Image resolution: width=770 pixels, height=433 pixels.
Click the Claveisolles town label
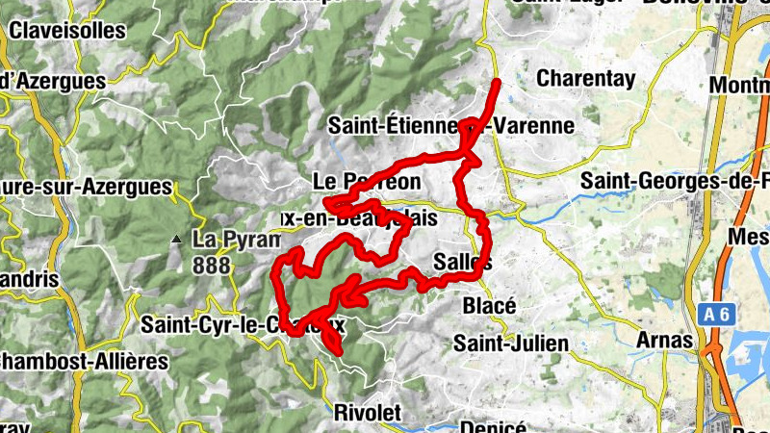pyautogui.click(x=67, y=30)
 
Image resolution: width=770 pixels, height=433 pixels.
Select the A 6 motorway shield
pyautogui.click(x=712, y=314)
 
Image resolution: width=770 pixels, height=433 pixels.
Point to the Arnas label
pyautogui.click(x=665, y=340)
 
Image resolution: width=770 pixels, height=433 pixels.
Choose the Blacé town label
pyautogui.click(x=490, y=306)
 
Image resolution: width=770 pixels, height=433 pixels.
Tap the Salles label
pyautogui.click(x=463, y=262)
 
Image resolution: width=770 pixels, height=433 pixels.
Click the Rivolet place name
pyautogui.click(x=365, y=412)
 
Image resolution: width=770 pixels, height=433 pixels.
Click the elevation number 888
pyautogui.click(x=211, y=265)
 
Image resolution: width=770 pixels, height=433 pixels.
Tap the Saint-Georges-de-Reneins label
pyautogui.click(x=675, y=181)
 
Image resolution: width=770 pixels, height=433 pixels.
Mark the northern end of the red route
pyautogui.click(x=497, y=84)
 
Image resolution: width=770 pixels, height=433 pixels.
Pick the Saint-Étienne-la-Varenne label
pyautogui.click(x=450, y=125)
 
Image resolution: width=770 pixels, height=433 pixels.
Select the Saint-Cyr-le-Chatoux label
pyautogui.click(x=243, y=325)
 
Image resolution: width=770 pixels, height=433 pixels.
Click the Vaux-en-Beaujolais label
pyautogui.click(x=358, y=218)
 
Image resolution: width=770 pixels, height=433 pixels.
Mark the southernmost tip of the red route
pyautogui.click(x=338, y=352)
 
